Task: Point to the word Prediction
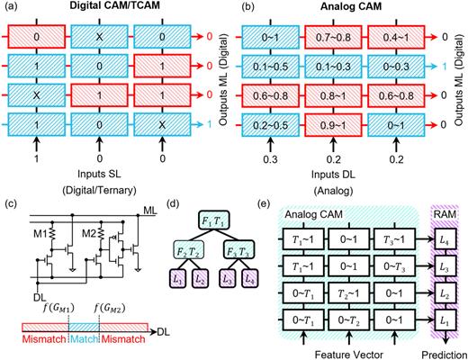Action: click(x=436, y=353)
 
